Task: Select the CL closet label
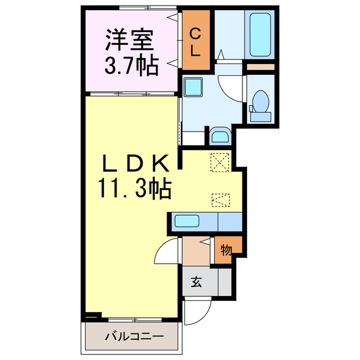pyautogui.click(x=195, y=43)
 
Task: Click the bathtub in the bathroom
pyautogui.click(x=260, y=35)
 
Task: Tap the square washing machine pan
pyautogui.click(x=195, y=88)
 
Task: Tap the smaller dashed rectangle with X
pyautogui.click(x=220, y=199)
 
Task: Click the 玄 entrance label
pyautogui.click(x=195, y=281)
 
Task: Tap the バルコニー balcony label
pyautogui.click(x=134, y=337)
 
